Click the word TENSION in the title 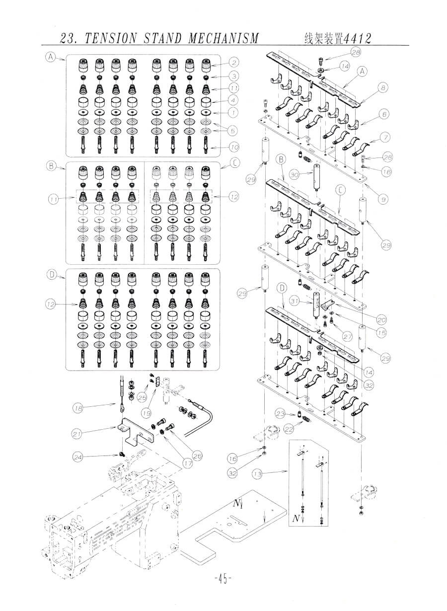(x=110, y=38)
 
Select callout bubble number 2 (x=233, y=63)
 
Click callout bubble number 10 (x=233, y=148)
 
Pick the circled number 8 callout (x=383, y=88)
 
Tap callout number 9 (x=383, y=199)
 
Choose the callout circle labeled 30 (x=295, y=175)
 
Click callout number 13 (x=257, y=474)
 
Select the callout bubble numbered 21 (x=77, y=434)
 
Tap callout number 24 (x=77, y=457)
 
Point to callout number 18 (x=77, y=408)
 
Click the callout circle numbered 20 (x=381, y=319)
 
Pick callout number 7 (x=385, y=137)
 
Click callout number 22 (x=289, y=429)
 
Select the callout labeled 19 (x=147, y=413)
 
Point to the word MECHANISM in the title (x=223, y=38)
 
